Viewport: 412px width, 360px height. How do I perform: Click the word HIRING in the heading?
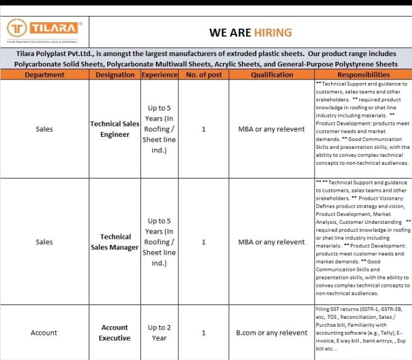pyautogui.click(x=273, y=33)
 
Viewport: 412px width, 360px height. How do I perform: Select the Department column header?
pyautogui.click(x=45, y=74)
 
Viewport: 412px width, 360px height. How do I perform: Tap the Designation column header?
pyautogui.click(x=115, y=74)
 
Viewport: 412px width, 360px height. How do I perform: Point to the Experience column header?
pyautogui.click(x=159, y=74)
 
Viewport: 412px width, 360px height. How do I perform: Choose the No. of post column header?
pyautogui.click(x=204, y=74)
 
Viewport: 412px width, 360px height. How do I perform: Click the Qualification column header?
pyautogui.click(x=272, y=74)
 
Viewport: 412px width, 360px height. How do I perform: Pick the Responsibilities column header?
pyautogui.click(x=363, y=74)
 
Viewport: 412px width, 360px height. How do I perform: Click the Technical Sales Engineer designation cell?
pyautogui.click(x=115, y=129)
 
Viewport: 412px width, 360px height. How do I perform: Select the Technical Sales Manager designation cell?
pyautogui.click(x=115, y=242)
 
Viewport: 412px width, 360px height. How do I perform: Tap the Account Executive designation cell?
pyautogui.click(x=115, y=333)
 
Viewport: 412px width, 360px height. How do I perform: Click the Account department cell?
pyautogui.click(x=44, y=333)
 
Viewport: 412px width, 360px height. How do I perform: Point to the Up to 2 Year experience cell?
pyautogui.click(x=159, y=333)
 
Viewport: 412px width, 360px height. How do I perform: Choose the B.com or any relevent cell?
pyautogui.click(x=272, y=333)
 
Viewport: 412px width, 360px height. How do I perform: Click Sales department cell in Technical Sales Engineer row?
pyautogui.click(x=44, y=129)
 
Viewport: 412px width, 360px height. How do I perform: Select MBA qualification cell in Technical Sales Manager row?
pyautogui.click(x=272, y=242)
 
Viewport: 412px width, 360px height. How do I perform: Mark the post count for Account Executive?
pyautogui.click(x=204, y=333)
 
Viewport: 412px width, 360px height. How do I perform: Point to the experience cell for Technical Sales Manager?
pyautogui.click(x=159, y=242)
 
